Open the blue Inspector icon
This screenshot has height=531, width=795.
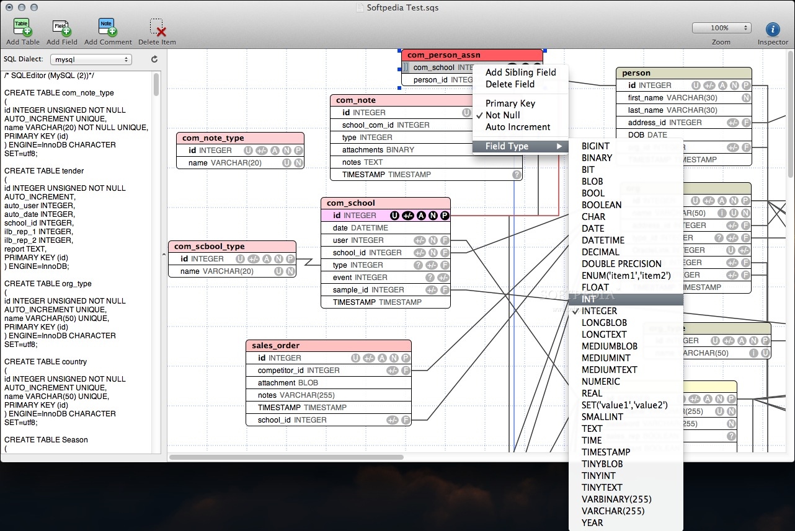click(x=773, y=29)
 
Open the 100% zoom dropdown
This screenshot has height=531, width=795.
click(x=721, y=28)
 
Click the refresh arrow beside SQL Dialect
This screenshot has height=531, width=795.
click(x=154, y=59)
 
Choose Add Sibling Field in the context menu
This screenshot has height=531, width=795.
click(x=520, y=72)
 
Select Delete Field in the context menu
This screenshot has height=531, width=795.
click(x=509, y=84)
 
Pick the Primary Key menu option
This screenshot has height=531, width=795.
click(x=510, y=103)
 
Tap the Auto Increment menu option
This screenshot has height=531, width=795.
click(x=517, y=127)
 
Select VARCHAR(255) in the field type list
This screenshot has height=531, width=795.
click(x=613, y=511)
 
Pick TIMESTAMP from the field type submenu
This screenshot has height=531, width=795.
click(x=605, y=452)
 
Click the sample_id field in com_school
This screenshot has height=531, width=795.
click(x=368, y=290)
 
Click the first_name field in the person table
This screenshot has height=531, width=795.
click(x=672, y=98)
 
